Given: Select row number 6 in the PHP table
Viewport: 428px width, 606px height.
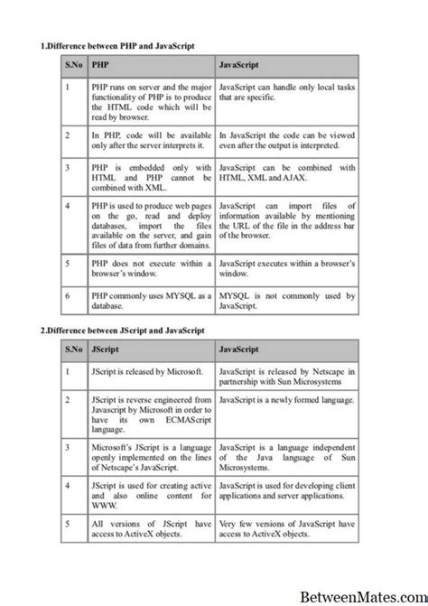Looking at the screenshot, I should tap(68, 294).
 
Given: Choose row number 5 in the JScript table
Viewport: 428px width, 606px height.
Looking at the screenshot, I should tap(68, 524).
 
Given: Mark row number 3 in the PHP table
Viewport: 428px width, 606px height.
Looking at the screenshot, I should tap(68, 167).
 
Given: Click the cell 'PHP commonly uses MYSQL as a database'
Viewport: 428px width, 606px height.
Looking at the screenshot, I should tap(151, 300).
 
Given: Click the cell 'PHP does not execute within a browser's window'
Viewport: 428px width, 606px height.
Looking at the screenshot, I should tap(151, 267).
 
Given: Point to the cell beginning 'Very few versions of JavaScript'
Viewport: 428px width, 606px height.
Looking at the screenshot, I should tap(287, 529).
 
